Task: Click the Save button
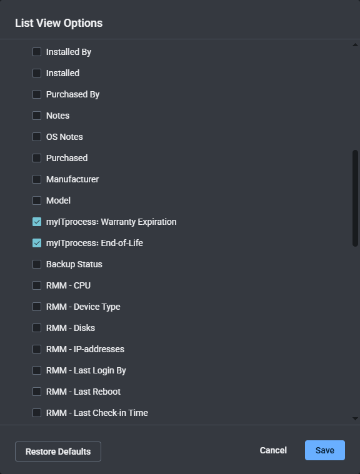324,450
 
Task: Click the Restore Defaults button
58,452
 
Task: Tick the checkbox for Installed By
37,52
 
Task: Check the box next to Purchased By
37,94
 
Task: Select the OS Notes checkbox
37,137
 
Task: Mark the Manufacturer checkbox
37,179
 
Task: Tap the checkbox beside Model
37,200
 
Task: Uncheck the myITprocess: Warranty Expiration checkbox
37,222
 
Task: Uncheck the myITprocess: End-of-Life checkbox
37,243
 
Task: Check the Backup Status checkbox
37,264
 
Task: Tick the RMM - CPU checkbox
37,285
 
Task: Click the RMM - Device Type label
83,307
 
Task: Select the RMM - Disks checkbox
37,328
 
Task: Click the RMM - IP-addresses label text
85,349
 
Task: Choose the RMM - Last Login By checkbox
37,370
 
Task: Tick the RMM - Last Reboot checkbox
37,392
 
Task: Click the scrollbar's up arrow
356,45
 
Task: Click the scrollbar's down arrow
356,418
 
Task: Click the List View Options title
59,23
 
